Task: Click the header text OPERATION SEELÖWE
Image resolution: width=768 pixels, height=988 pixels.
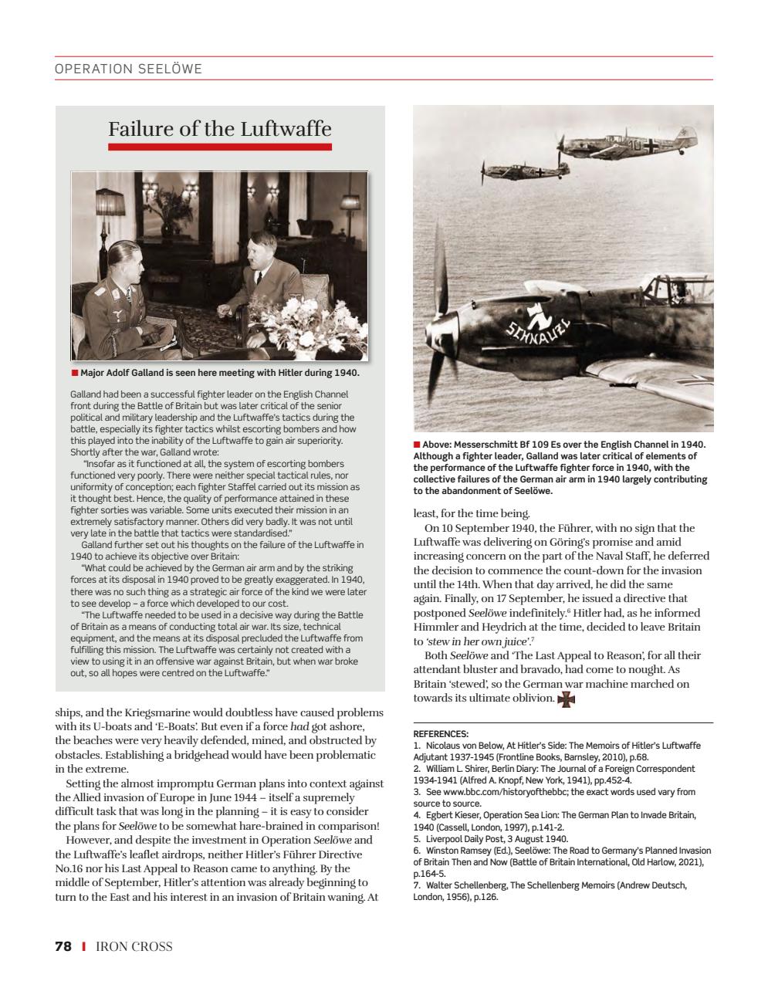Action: pyautogui.click(x=128, y=69)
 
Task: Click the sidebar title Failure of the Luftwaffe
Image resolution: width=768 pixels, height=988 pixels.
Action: pyautogui.click(x=220, y=128)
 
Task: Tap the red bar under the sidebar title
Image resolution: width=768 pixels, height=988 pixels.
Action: pyautogui.click(x=220, y=147)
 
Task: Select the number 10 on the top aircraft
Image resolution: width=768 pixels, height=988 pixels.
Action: pyautogui.click(x=634, y=144)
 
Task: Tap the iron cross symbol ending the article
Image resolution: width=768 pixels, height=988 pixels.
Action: pyautogui.click(x=567, y=699)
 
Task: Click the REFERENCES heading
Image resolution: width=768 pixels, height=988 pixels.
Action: pyautogui.click(x=441, y=734)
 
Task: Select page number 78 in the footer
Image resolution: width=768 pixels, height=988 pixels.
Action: pyautogui.click(x=63, y=946)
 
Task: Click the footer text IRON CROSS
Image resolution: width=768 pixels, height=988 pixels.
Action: pyautogui.click(x=134, y=946)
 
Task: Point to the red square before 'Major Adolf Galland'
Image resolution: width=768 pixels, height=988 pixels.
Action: pyautogui.click(x=75, y=373)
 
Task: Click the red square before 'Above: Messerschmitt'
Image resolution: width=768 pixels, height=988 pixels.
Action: pyautogui.click(x=417, y=445)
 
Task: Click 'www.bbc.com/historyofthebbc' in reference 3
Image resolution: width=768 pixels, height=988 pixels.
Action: pyautogui.click(x=506, y=792)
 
